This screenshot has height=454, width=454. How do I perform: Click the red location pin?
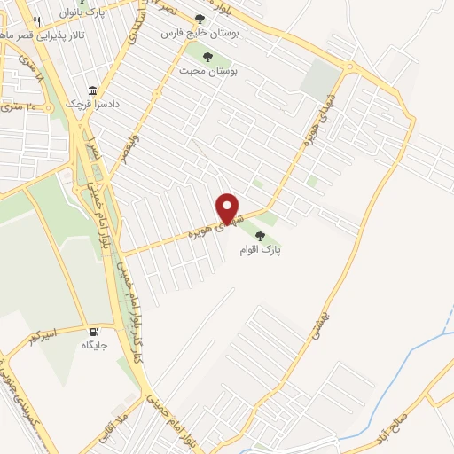coord(229,207)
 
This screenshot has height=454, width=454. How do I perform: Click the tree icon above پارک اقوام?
coord(260,236)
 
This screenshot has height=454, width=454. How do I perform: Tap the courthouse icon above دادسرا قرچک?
coord(93,90)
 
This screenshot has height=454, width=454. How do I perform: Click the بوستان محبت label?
coord(207,70)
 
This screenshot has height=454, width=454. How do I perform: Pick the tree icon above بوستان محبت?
coord(207,57)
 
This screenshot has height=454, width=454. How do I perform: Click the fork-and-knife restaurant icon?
coord(35,21)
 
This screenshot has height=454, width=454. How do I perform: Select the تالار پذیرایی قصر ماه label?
coord(34,35)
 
